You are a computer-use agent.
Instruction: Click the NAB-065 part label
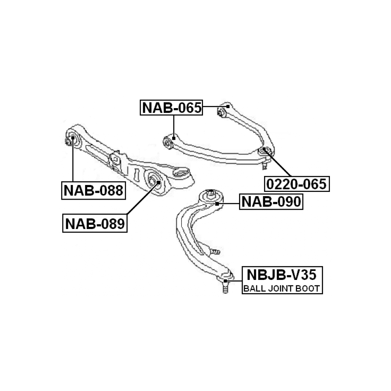click(171, 108)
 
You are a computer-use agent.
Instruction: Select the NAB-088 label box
click(93, 190)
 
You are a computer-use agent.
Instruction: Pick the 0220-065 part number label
click(296, 184)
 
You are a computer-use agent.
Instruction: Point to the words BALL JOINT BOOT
click(281, 289)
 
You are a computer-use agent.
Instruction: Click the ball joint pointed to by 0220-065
click(265, 150)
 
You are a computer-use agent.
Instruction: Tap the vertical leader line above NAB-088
click(73, 162)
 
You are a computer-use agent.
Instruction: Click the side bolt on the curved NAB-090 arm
click(214, 251)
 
